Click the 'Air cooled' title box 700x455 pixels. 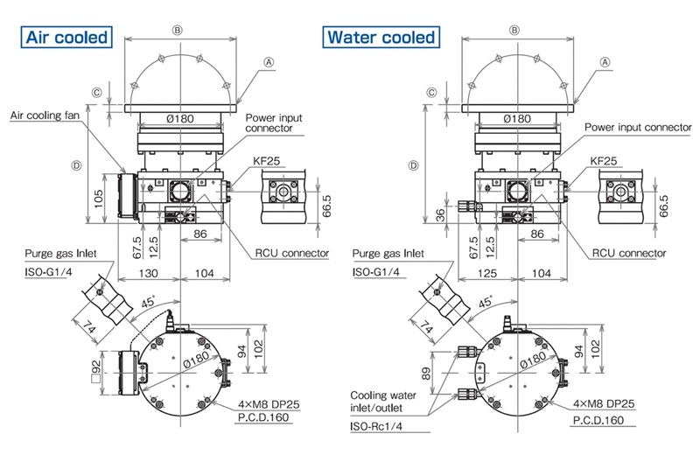[x=66, y=37]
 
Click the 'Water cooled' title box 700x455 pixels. [x=381, y=37]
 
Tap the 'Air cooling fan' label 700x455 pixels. [x=45, y=115]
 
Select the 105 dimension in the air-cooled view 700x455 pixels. [x=99, y=199]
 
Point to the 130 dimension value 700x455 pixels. [x=148, y=273]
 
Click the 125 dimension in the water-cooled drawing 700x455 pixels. [x=486, y=273]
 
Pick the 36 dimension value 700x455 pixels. [x=440, y=214]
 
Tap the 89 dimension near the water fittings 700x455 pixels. [x=425, y=374]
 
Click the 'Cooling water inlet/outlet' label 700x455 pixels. [x=382, y=402]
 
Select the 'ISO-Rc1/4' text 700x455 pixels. [x=376, y=426]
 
